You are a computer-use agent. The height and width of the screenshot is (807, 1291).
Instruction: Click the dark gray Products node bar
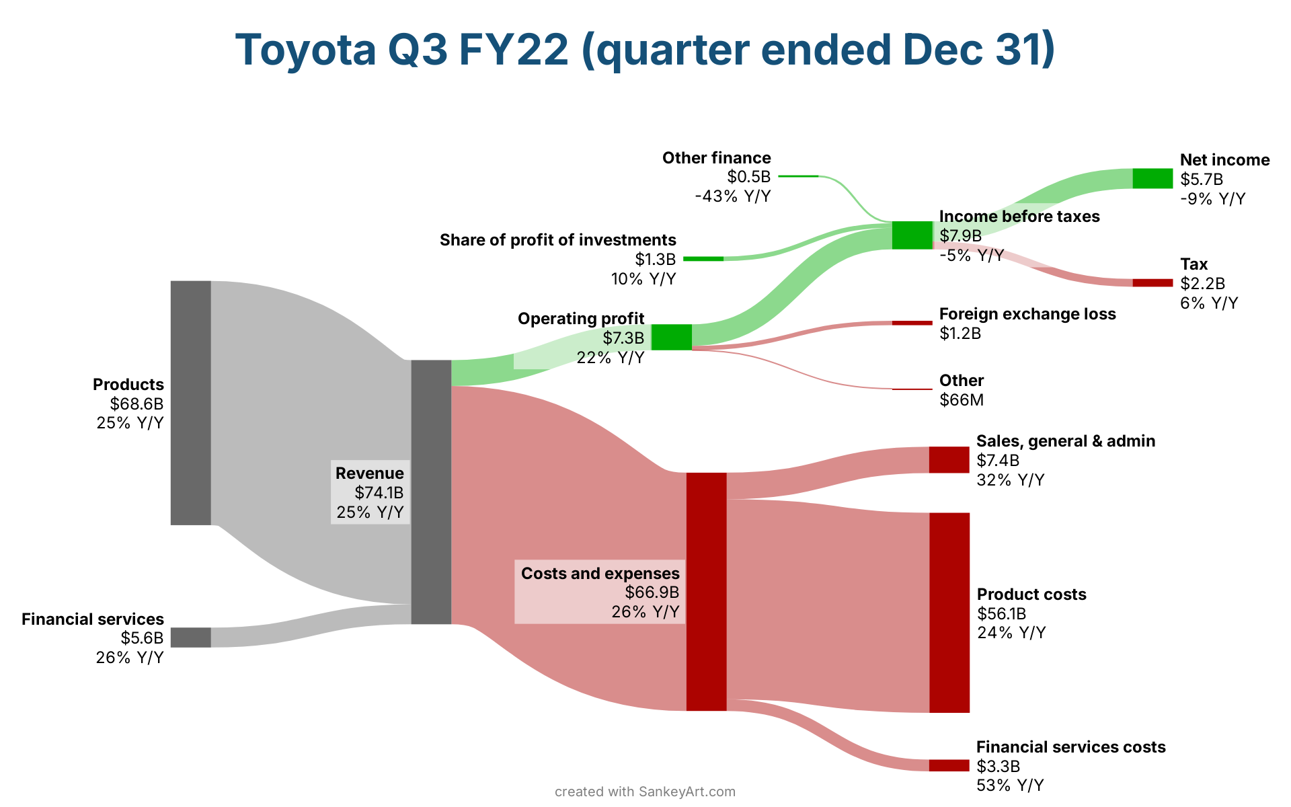click(x=190, y=402)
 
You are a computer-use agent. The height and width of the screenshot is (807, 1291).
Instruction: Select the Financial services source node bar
click(x=190, y=637)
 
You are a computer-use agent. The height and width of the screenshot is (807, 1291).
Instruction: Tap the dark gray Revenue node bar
click(x=431, y=492)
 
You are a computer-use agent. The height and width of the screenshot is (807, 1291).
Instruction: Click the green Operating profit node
click(x=672, y=337)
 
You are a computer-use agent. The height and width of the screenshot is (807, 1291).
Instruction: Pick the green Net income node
click(x=1152, y=178)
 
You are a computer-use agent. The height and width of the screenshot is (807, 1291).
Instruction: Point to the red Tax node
click(x=1152, y=282)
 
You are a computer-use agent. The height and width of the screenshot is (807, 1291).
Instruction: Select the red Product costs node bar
click(x=949, y=612)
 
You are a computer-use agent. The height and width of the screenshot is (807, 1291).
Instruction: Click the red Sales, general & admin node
click(x=949, y=459)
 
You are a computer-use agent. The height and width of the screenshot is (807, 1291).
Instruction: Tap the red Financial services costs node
click(x=949, y=765)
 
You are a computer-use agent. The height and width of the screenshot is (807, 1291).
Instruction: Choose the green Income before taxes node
click(x=912, y=235)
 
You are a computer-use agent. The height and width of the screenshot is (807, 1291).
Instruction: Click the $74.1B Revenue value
click(x=379, y=493)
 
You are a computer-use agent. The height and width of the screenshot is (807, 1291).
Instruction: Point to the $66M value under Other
click(x=962, y=400)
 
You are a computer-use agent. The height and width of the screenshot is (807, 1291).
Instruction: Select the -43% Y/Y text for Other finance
click(x=733, y=196)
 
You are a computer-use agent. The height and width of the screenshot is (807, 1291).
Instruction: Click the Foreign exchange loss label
click(x=1027, y=314)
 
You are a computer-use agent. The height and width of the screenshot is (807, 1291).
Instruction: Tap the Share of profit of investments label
click(x=558, y=240)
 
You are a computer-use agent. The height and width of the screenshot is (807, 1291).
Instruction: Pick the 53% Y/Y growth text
click(x=1010, y=785)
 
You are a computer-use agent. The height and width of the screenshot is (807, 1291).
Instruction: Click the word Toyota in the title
click(x=306, y=50)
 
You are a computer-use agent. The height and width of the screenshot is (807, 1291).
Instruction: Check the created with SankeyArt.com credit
click(x=645, y=792)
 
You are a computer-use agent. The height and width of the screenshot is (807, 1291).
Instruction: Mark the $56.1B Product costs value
click(x=1001, y=613)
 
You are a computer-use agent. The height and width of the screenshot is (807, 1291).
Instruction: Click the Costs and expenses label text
click(x=600, y=574)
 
